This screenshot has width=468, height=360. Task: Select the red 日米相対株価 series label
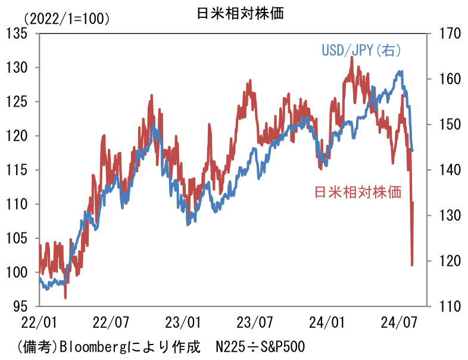pyautogui.click(x=357, y=192)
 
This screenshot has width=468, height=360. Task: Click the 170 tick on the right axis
pyautogui.click(x=447, y=33)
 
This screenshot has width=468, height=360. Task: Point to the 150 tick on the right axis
pyautogui.click(x=447, y=125)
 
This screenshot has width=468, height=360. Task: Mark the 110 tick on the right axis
pyautogui.click(x=447, y=306)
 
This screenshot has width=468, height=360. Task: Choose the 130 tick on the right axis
pyautogui.click(x=447, y=215)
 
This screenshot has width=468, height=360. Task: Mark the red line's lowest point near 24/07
pyautogui.click(x=412, y=265)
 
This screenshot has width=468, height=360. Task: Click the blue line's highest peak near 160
pyautogui.click(x=401, y=72)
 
